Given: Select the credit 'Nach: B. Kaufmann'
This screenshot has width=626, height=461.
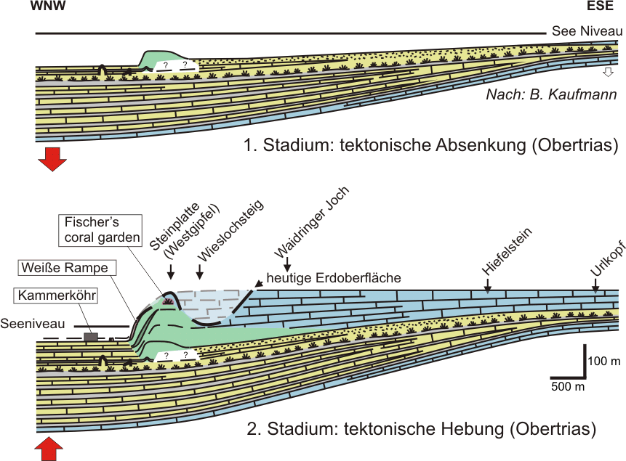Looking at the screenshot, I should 552,95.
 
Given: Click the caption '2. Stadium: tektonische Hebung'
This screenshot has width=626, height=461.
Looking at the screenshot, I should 422,429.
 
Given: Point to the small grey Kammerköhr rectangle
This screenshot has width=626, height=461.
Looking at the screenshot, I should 91,336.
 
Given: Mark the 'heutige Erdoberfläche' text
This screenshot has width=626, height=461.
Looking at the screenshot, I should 334,278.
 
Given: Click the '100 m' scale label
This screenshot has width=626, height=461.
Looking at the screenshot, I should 603,361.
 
